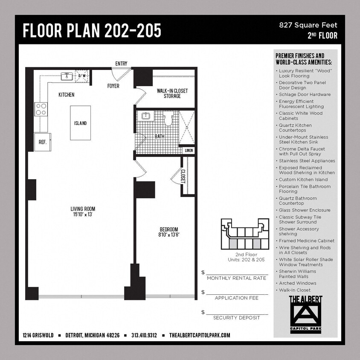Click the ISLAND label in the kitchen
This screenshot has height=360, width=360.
click(x=80, y=123)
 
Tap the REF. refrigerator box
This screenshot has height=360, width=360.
click(x=43, y=142)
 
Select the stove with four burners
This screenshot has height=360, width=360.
click(x=41, y=109)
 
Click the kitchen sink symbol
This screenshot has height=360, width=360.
click(x=67, y=76)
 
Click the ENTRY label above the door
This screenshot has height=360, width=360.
click(x=121, y=64)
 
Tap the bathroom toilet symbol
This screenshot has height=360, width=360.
click(x=167, y=118)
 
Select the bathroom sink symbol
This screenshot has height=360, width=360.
click(x=145, y=116)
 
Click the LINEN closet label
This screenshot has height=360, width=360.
click(x=188, y=151)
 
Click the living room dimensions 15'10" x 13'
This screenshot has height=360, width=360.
click(x=83, y=215)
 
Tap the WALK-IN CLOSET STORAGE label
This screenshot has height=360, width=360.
click(x=172, y=93)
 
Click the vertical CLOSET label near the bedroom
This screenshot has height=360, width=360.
click(x=183, y=176)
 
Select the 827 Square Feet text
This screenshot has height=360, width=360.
click(x=308, y=25)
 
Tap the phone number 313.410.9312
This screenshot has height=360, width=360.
click(x=144, y=335)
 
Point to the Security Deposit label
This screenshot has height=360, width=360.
click(x=236, y=318)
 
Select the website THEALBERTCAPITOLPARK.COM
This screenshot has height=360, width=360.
click(x=200, y=335)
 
